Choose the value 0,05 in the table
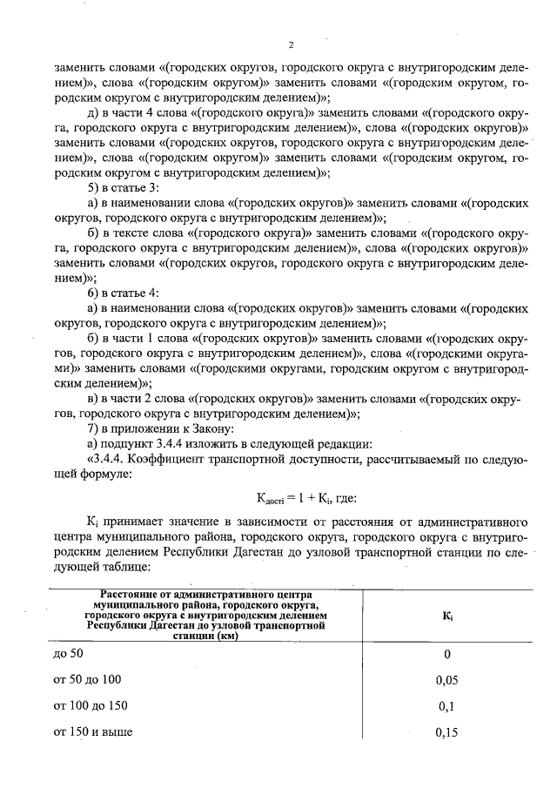446,680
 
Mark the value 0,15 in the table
446,731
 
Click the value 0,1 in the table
446,706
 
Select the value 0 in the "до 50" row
446,655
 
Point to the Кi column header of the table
446,615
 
